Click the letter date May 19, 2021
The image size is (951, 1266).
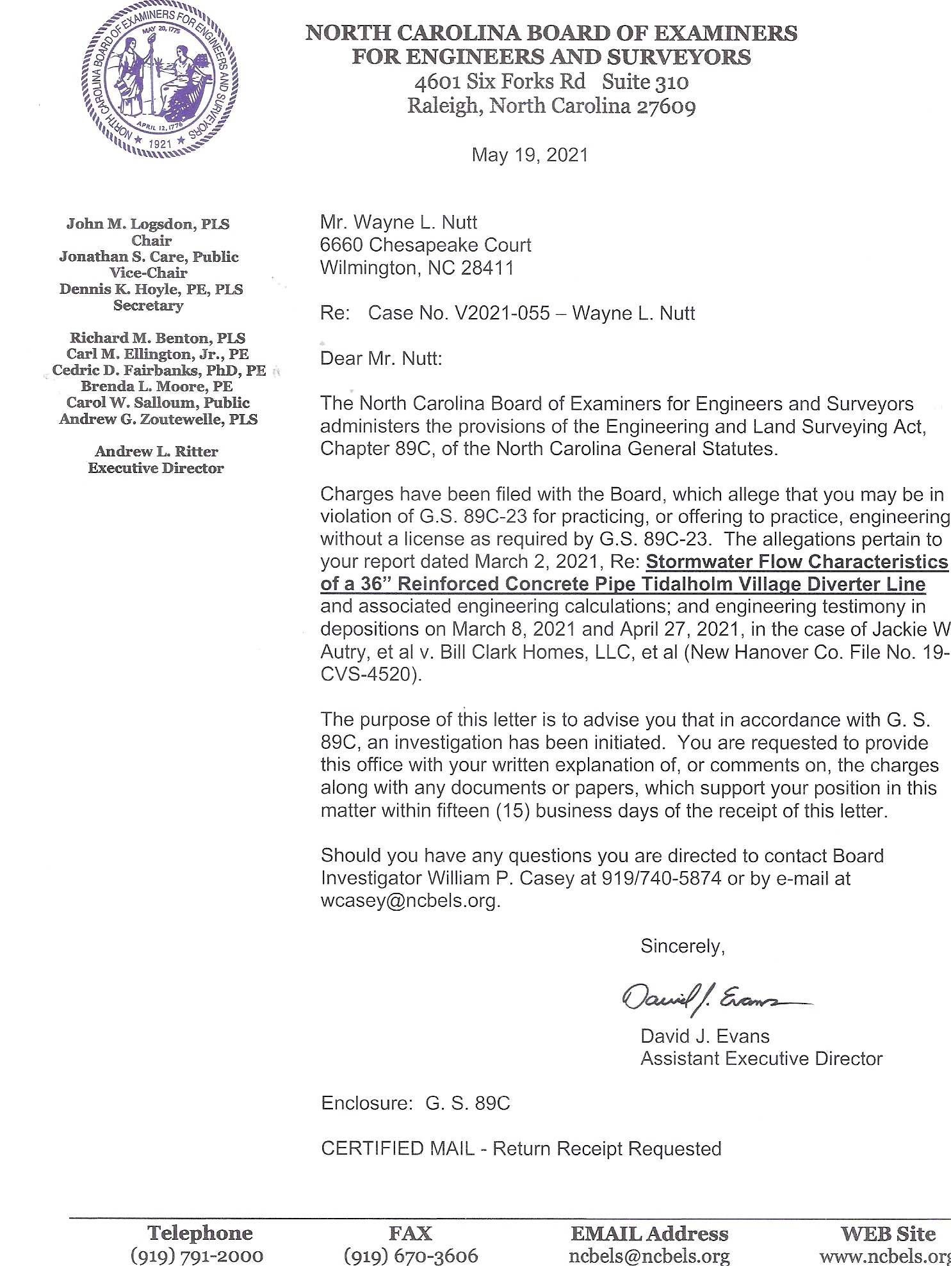530,155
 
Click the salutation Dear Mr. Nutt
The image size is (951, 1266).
381,358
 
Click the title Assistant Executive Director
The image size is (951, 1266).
761,1059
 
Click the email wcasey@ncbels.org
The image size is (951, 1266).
409,901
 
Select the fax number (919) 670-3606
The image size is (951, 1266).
410,1255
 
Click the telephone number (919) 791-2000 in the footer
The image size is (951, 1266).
197,1255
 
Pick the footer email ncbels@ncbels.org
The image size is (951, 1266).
649,1255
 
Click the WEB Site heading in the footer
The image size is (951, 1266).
888,1233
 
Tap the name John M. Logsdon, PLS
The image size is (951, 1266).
148,224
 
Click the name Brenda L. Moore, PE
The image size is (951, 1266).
156,387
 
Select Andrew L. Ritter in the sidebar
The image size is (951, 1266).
156,451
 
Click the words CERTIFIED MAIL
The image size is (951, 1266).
397,1149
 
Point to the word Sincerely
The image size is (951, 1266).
682,946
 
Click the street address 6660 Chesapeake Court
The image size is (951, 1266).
425,244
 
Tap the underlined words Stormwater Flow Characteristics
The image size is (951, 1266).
797,561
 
